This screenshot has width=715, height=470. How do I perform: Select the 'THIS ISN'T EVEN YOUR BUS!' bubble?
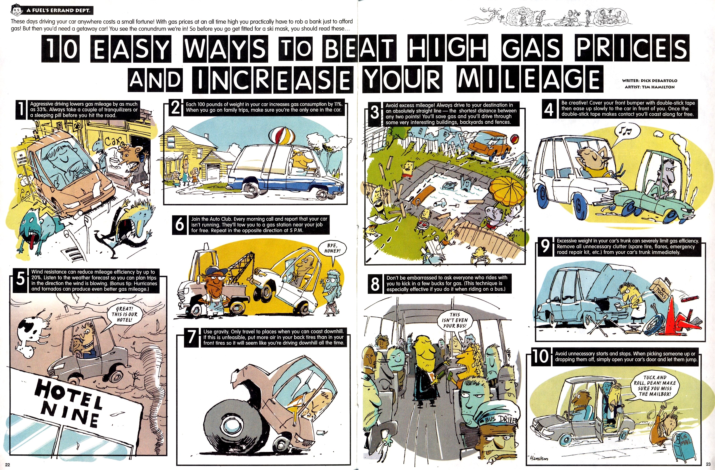pos(455,320)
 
